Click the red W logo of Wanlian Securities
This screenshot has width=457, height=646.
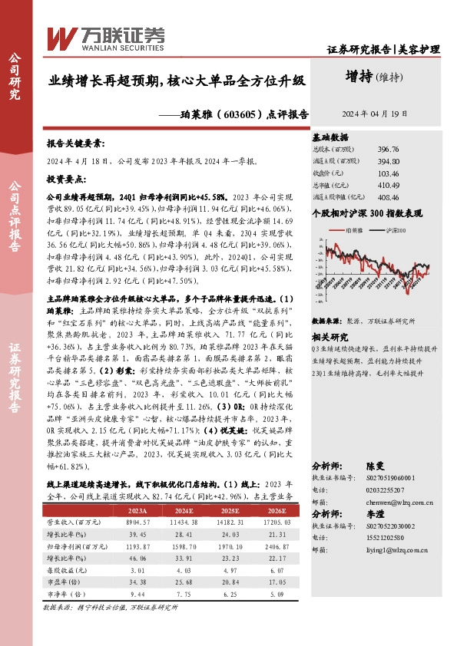60,36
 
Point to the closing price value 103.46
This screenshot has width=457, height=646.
389,173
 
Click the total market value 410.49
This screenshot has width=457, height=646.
389,185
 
